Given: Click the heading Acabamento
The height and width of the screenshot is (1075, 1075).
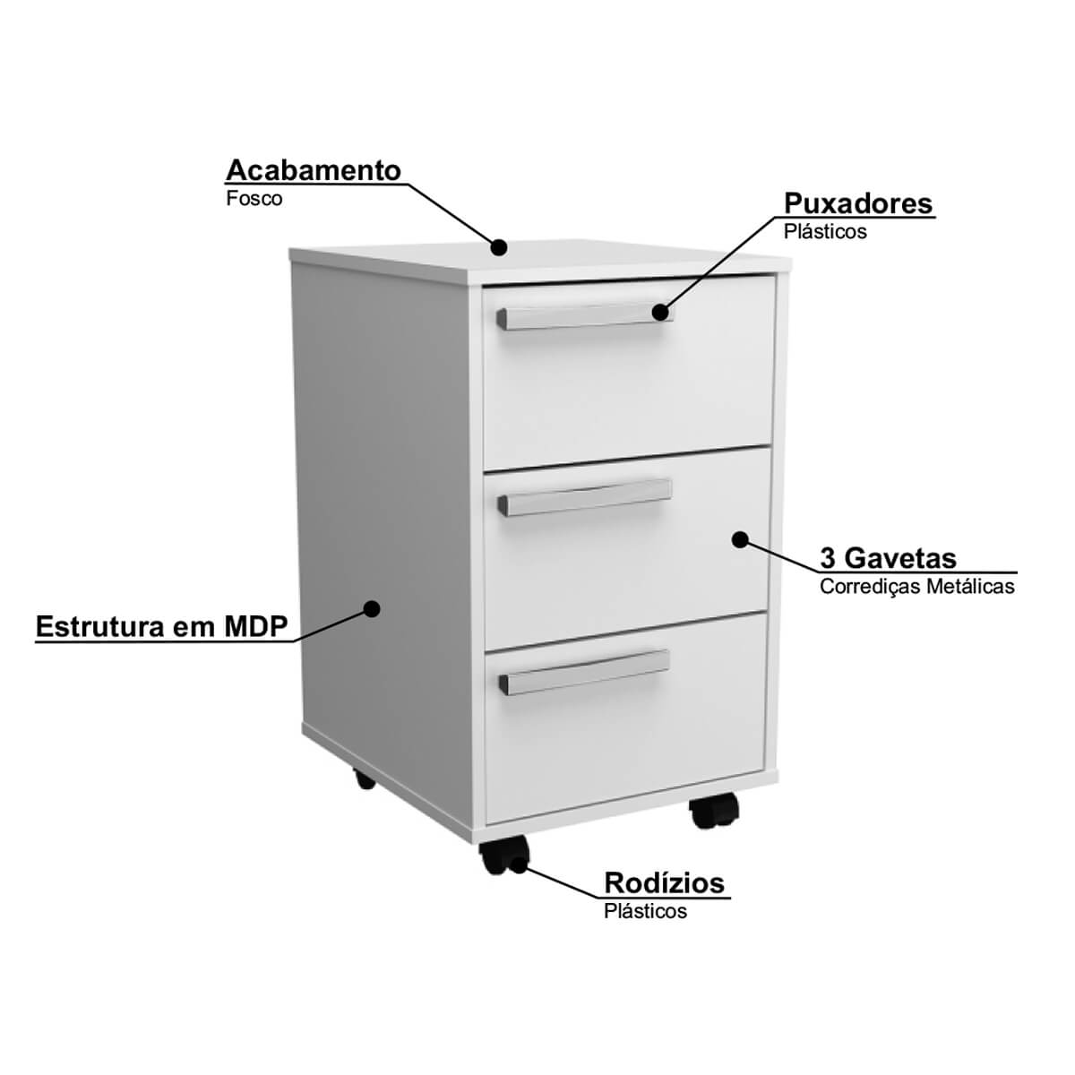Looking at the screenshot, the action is [314, 170].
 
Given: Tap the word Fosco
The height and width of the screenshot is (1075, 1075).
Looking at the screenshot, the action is [254, 199].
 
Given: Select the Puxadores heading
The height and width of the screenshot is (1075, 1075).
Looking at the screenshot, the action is [858, 203].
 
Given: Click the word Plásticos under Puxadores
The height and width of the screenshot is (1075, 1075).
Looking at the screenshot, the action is [825, 231].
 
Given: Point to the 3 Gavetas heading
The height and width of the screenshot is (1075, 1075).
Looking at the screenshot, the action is [888, 558].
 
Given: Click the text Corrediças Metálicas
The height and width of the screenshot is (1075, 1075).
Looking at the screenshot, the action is [917, 586].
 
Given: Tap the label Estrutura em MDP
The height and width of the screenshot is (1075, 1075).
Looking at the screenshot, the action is [162, 626].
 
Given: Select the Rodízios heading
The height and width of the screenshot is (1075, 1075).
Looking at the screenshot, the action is [665, 883].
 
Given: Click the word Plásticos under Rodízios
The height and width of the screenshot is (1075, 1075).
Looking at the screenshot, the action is [645, 911].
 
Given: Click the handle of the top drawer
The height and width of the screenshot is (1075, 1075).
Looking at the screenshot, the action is [585, 317].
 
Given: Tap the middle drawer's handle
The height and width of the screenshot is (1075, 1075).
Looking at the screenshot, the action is [585, 497].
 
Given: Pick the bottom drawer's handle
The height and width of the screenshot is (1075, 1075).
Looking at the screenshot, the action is [584, 672].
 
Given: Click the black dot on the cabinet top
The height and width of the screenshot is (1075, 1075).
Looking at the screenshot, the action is [499, 247].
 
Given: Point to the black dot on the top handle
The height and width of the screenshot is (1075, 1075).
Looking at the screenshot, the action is [660, 312].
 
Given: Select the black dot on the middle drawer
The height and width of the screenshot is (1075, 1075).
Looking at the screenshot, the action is [740, 539].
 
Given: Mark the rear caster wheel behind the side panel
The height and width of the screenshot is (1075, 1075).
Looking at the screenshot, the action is [365, 778].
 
